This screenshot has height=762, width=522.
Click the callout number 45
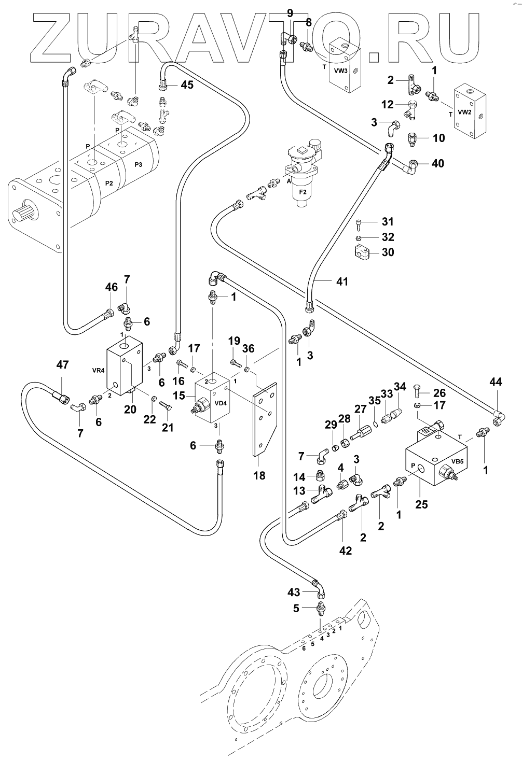point(187,84)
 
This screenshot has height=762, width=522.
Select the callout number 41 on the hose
point(341,281)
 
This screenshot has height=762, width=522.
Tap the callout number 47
point(63,365)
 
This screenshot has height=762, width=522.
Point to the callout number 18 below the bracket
point(259,475)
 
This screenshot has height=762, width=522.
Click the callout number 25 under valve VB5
point(421,503)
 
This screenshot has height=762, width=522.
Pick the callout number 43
point(294,592)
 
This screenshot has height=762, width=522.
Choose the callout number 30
point(388,252)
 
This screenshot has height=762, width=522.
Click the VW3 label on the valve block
point(340,69)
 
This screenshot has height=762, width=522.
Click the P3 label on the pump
point(138,164)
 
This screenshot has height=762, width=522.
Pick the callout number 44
point(496,382)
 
